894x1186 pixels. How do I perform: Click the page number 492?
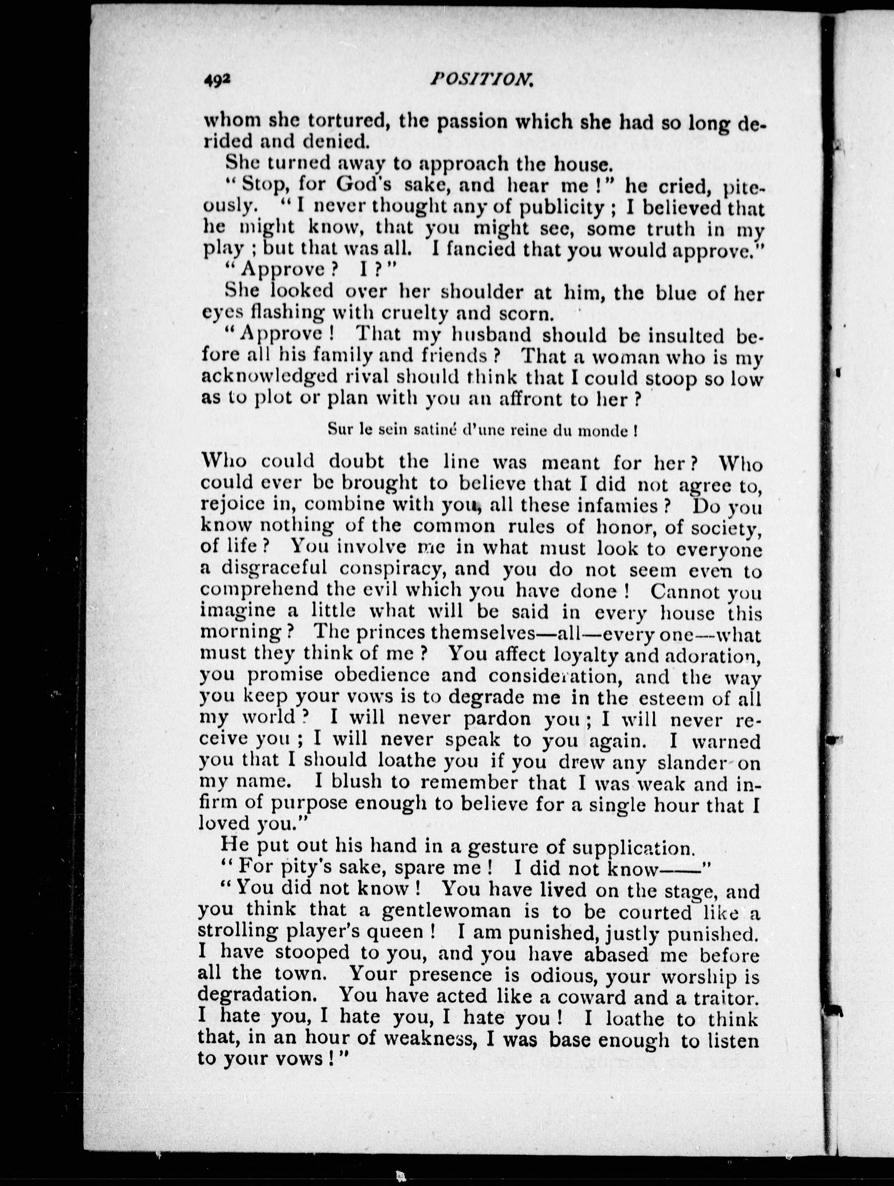tap(217, 80)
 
